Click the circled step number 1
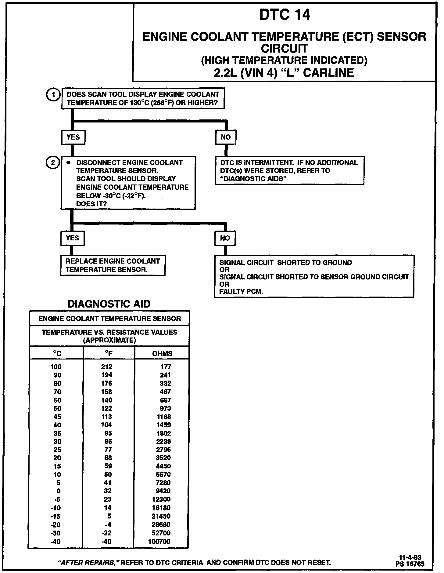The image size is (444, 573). (x=53, y=95)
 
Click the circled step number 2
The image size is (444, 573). (x=52, y=162)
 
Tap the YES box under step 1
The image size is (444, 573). (x=73, y=137)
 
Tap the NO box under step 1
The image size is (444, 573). (x=226, y=137)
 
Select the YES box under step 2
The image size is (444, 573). (x=72, y=238)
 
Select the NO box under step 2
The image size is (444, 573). (x=225, y=238)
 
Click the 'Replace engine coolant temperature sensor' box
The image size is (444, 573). (x=113, y=265)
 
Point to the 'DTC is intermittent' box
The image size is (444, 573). (x=289, y=170)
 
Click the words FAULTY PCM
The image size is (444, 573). (x=241, y=292)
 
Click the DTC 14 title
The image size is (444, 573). (x=285, y=15)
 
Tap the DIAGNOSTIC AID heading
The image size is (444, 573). (x=109, y=304)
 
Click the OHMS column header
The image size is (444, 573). (x=162, y=354)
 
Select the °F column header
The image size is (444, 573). (x=109, y=354)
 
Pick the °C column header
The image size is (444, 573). (x=57, y=354)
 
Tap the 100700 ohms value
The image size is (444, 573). (x=159, y=542)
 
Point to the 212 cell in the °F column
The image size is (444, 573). (x=107, y=367)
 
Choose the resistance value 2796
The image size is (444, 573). (x=163, y=450)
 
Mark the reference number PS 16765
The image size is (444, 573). (x=410, y=564)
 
